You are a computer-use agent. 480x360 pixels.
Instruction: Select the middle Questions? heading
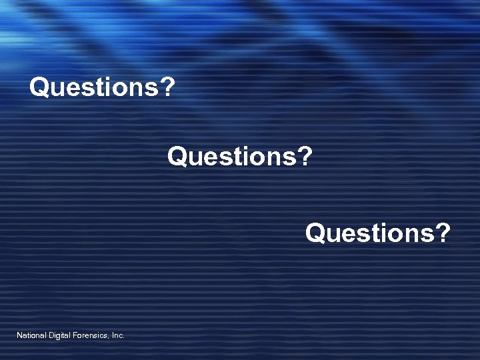240,157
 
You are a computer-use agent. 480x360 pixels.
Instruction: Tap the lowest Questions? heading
378,233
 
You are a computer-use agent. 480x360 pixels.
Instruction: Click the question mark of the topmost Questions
168,87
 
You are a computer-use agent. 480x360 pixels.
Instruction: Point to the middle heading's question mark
305,157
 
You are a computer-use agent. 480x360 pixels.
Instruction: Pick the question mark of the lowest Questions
443,233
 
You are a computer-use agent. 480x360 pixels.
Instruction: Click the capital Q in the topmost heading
39,87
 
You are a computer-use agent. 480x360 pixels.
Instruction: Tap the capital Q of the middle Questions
177,157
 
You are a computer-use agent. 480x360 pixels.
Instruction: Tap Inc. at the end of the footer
118,335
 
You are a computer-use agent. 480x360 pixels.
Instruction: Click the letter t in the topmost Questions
97,87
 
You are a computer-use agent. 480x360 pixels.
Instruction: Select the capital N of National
19,335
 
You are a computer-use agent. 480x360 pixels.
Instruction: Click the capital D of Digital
52,335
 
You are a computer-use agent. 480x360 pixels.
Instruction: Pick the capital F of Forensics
75,335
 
